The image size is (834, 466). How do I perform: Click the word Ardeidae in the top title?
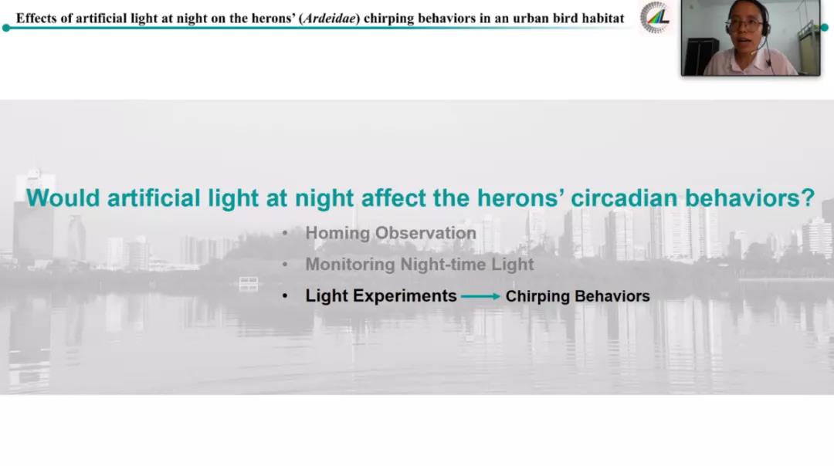pos(329,19)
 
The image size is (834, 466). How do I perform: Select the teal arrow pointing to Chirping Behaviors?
pos(480,296)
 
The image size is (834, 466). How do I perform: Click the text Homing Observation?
pos(391,233)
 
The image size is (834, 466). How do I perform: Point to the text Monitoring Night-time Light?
pos(419,264)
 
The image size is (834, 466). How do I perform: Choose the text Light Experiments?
pos(381,295)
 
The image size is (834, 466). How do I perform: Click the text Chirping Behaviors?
pos(578,296)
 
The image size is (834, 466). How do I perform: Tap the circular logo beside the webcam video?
pos(655,18)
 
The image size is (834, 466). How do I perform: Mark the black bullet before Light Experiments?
pos(285,296)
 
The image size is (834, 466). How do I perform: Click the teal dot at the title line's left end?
pos(6,28)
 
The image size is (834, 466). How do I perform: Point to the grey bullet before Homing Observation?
pos(285,233)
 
